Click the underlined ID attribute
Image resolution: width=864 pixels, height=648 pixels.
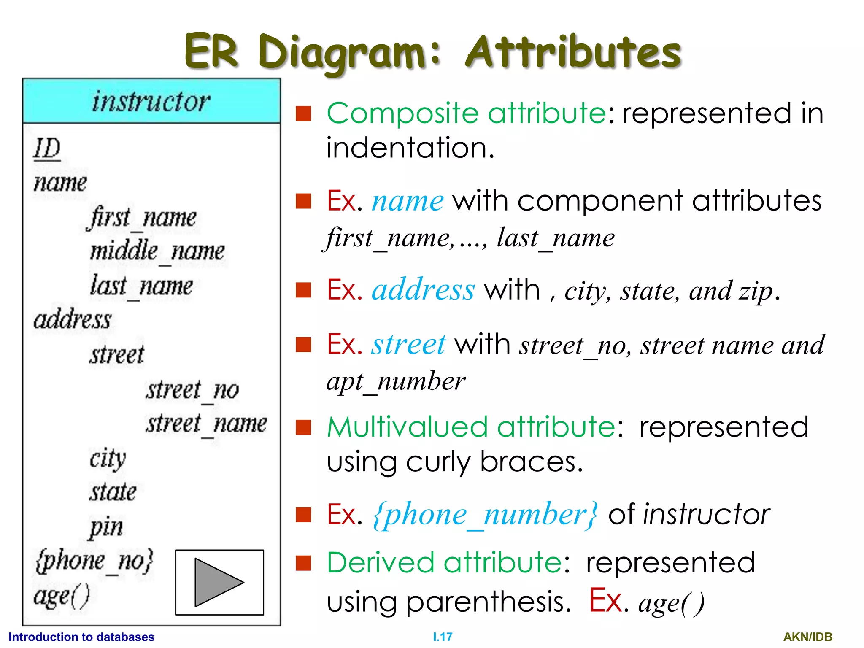[x=47, y=148]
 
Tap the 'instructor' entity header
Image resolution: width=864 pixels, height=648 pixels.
[x=151, y=102]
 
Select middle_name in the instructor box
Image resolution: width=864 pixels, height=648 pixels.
[x=157, y=251]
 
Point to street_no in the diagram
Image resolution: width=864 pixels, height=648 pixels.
[x=192, y=390]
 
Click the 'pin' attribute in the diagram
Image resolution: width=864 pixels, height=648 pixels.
[x=106, y=527]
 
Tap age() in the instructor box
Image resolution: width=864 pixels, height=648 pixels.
[x=62, y=596]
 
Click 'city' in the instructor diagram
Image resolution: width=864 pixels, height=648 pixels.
[x=108, y=459]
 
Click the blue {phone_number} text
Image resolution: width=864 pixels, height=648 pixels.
[x=485, y=515]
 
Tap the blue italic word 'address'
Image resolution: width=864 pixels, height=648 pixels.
[x=423, y=290]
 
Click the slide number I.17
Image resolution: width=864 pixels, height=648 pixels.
[x=443, y=637]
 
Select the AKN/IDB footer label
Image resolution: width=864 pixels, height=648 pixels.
[x=807, y=637]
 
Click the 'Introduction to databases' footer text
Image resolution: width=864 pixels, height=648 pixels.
[x=81, y=637]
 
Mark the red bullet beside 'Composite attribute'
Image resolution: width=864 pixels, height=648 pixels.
[x=303, y=113]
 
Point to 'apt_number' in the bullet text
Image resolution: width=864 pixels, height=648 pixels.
[x=396, y=382]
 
